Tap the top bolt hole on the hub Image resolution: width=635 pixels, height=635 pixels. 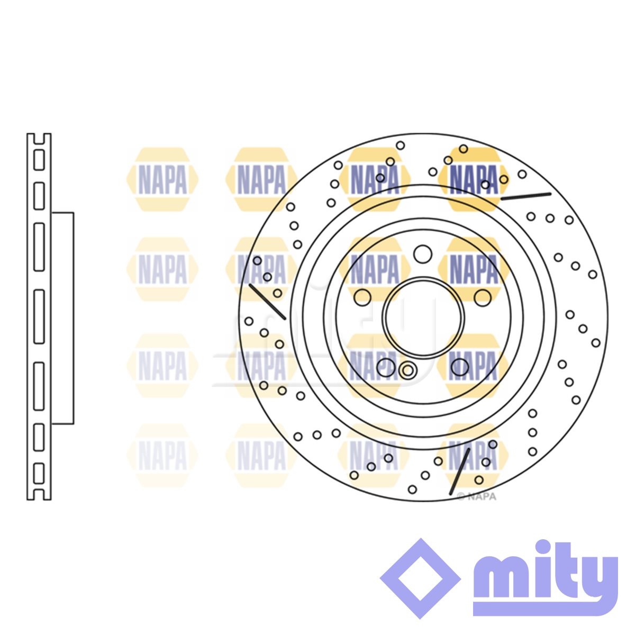tap(422, 254)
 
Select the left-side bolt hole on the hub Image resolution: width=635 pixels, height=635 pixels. tap(362, 297)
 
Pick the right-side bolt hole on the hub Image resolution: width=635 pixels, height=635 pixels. tap(483, 297)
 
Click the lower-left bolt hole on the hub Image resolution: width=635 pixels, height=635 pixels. tap(386, 367)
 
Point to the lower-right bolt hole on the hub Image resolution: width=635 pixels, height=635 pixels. tap(460, 367)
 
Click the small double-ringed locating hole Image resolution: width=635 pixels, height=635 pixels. tap(407, 370)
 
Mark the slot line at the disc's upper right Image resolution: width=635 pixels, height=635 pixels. tap(525, 196)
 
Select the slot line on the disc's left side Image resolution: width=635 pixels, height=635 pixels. tap(267, 302)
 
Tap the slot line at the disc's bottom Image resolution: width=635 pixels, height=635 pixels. tap(460, 471)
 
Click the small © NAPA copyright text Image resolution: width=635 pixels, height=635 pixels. tap(476, 496)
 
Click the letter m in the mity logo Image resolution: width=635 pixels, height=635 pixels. tap(503, 579)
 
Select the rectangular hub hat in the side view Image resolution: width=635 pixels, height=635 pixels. tap(62, 318)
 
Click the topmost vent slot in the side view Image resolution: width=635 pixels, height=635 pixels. tap(39, 160)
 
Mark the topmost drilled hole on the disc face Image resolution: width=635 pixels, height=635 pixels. tap(400, 146)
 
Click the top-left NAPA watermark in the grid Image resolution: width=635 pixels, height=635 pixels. tap(162, 179)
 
